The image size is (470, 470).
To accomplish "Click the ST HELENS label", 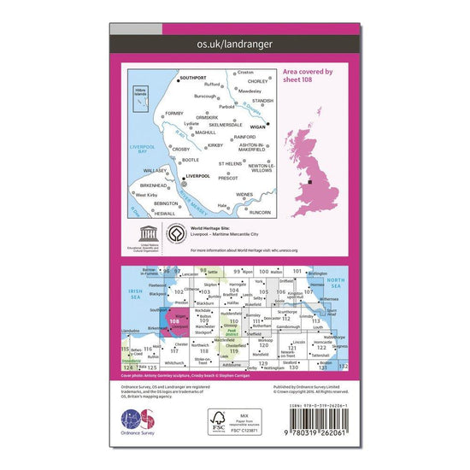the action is point(232,163).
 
